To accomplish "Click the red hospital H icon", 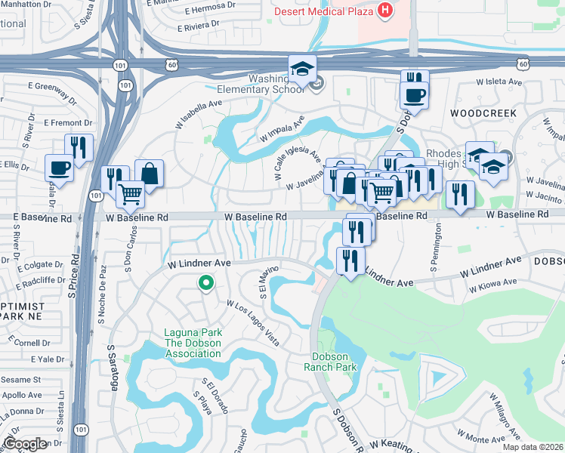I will pos(385,11).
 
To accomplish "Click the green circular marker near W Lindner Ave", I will pos(204,284).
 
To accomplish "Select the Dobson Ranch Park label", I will pos(330,362).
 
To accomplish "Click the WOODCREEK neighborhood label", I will pos(483,113).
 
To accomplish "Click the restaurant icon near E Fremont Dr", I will pos(79,146).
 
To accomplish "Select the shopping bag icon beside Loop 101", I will pos(149,174).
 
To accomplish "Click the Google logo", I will pos(24,444).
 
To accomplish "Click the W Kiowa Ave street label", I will pos(492,285).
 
